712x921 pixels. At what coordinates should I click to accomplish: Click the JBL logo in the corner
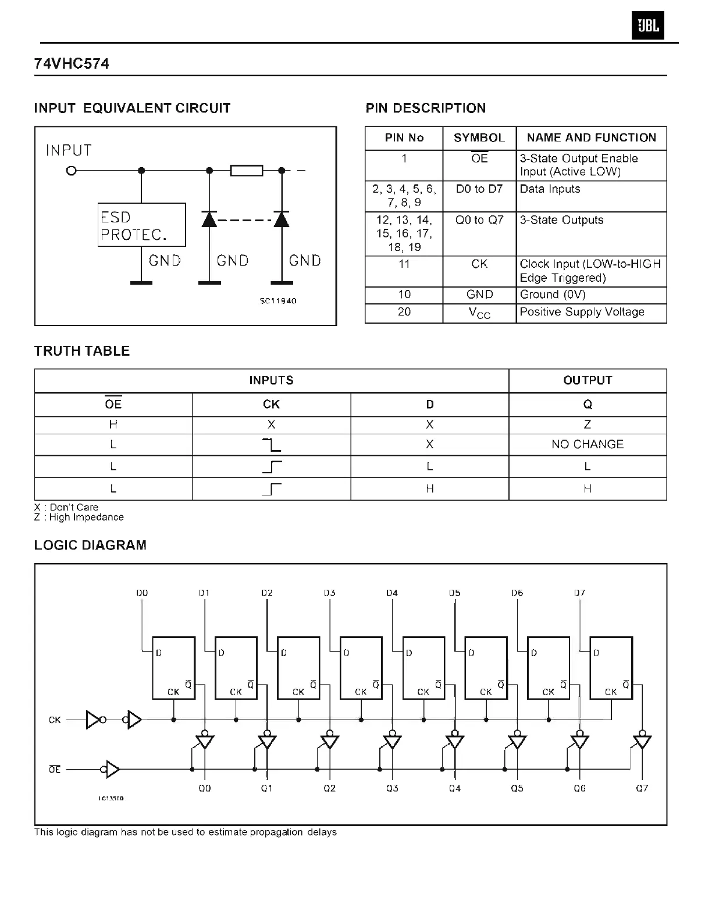point(647,26)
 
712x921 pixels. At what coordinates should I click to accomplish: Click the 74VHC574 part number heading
point(72,63)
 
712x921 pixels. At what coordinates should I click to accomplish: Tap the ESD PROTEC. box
point(141,225)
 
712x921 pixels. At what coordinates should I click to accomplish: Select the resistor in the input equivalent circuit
point(247,171)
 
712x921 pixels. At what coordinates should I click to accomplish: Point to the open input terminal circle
point(71,171)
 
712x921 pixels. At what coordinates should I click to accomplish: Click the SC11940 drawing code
point(278,301)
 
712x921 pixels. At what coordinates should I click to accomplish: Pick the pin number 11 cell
point(404,264)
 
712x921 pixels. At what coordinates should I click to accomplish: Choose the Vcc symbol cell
point(479,313)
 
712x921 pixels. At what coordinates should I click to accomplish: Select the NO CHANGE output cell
point(588,444)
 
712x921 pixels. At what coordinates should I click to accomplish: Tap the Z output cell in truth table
point(588,424)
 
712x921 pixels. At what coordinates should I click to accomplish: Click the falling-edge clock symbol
point(272,445)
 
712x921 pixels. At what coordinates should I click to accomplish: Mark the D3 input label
point(329,593)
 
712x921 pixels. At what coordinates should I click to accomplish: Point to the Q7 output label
point(642,788)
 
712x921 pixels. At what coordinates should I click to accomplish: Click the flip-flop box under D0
point(173,668)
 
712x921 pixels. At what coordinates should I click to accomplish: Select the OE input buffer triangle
point(113,770)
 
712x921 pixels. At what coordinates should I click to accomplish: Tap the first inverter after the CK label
point(93,720)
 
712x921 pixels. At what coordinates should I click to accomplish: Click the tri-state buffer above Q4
point(455,742)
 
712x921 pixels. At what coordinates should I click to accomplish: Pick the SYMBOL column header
point(479,138)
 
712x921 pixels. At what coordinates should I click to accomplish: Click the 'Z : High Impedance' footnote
point(79,517)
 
